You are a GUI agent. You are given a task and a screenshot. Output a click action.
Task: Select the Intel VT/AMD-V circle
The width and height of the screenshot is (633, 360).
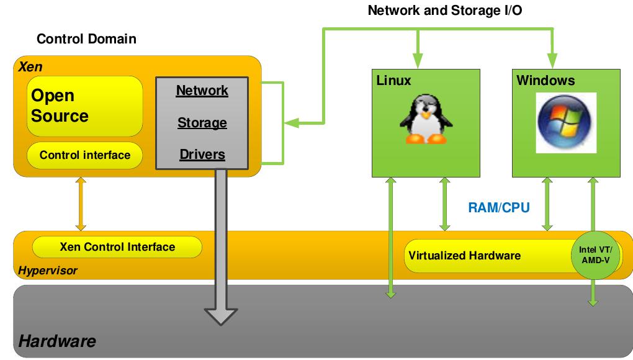point(594,254)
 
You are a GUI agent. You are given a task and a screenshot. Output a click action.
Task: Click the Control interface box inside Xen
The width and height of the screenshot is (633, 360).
point(85,155)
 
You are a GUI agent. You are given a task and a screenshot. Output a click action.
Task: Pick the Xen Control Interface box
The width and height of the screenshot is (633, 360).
point(117,247)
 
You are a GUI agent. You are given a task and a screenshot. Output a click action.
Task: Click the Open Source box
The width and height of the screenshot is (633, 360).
point(85,106)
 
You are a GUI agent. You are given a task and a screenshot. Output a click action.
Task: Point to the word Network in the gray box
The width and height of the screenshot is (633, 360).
point(202,91)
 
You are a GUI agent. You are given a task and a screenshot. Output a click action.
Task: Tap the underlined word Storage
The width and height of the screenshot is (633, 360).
point(202,123)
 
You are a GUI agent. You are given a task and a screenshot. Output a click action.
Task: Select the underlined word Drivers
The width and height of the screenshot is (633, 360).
point(202,155)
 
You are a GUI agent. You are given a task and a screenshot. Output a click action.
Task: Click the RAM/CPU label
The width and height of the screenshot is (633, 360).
point(498,207)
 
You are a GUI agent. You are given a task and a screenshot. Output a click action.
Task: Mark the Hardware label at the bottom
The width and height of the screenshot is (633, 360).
point(57,341)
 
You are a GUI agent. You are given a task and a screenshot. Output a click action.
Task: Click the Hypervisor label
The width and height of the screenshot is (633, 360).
point(48,271)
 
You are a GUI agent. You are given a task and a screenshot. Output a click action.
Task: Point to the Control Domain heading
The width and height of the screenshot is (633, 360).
point(86,39)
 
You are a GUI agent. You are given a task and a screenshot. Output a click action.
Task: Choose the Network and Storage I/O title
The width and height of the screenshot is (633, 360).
point(441,10)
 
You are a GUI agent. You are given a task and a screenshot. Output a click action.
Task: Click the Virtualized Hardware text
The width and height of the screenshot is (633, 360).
point(464,256)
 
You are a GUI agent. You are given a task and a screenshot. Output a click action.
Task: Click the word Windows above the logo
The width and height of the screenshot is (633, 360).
point(545,81)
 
